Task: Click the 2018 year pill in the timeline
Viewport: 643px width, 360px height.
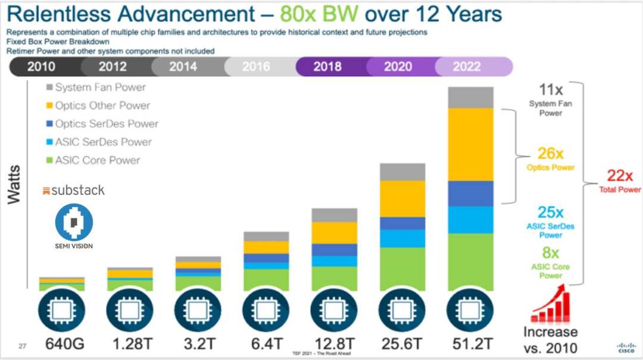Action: pyautogui.click(x=327, y=67)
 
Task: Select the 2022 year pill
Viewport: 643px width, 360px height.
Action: pyautogui.click(x=466, y=67)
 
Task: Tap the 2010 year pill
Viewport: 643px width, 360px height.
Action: pyautogui.click(x=42, y=67)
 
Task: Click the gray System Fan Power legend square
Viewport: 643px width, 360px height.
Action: pyautogui.click(x=50, y=87)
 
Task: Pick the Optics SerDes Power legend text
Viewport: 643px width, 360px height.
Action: pyautogui.click(x=107, y=124)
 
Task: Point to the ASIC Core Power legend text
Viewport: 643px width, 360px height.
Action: pyautogui.click(x=98, y=160)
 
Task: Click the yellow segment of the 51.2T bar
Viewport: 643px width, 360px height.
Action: pyautogui.click(x=471, y=144)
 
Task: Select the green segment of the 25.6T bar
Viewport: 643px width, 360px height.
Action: pyautogui.click(x=402, y=268)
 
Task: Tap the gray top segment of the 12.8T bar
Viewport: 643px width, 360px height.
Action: pyautogui.click(x=335, y=215)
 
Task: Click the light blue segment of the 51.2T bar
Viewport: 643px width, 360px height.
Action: pyautogui.click(x=471, y=220)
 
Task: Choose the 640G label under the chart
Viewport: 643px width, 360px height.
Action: pyautogui.click(x=63, y=343)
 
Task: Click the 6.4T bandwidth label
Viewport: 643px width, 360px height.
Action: pyautogui.click(x=266, y=343)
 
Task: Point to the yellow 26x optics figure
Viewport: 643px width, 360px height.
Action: pyautogui.click(x=551, y=154)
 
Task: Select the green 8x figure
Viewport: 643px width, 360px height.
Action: pyautogui.click(x=551, y=254)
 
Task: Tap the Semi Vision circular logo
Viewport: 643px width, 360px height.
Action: pyautogui.click(x=74, y=221)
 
